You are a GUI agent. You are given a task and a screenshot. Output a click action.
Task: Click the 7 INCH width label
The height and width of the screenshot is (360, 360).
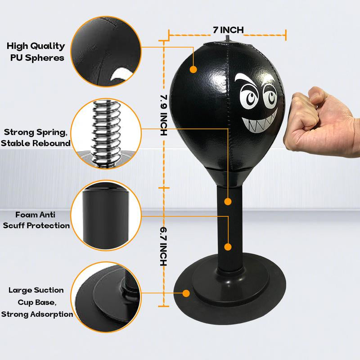tap(228, 30)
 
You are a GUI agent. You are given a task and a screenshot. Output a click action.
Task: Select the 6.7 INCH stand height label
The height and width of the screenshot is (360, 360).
tap(163, 247)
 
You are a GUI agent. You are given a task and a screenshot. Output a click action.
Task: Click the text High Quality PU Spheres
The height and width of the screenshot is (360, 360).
tap(36, 52)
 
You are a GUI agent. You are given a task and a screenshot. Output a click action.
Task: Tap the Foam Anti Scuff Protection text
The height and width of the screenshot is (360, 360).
tap(36, 220)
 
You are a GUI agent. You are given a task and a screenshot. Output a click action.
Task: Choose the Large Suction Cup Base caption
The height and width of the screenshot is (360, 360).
tap(37, 302)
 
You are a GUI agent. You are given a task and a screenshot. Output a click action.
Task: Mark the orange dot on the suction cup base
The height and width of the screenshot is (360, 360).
tap(186, 293)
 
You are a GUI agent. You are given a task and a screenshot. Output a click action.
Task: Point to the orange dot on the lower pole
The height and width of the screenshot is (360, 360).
tap(228, 247)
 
